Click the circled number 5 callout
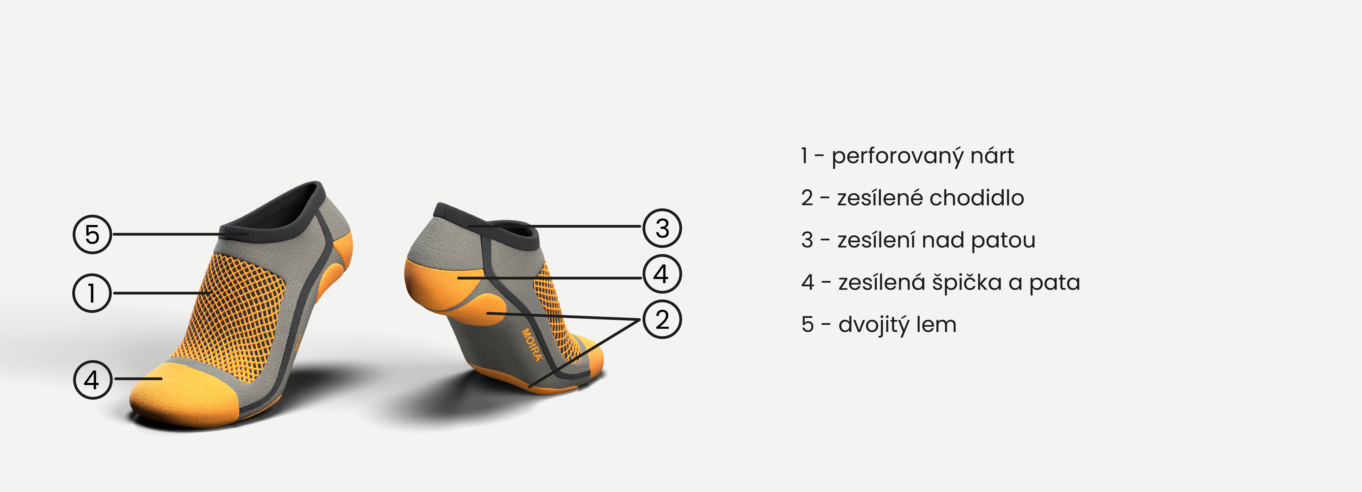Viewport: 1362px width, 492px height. point(92,234)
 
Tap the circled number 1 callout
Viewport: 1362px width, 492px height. point(92,293)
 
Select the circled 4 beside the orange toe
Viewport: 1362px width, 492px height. point(93,379)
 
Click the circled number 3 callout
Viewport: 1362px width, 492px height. point(662,228)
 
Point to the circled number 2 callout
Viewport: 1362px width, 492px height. point(662,319)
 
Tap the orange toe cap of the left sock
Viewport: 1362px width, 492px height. point(185,394)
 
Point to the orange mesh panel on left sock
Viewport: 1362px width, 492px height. point(238,312)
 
